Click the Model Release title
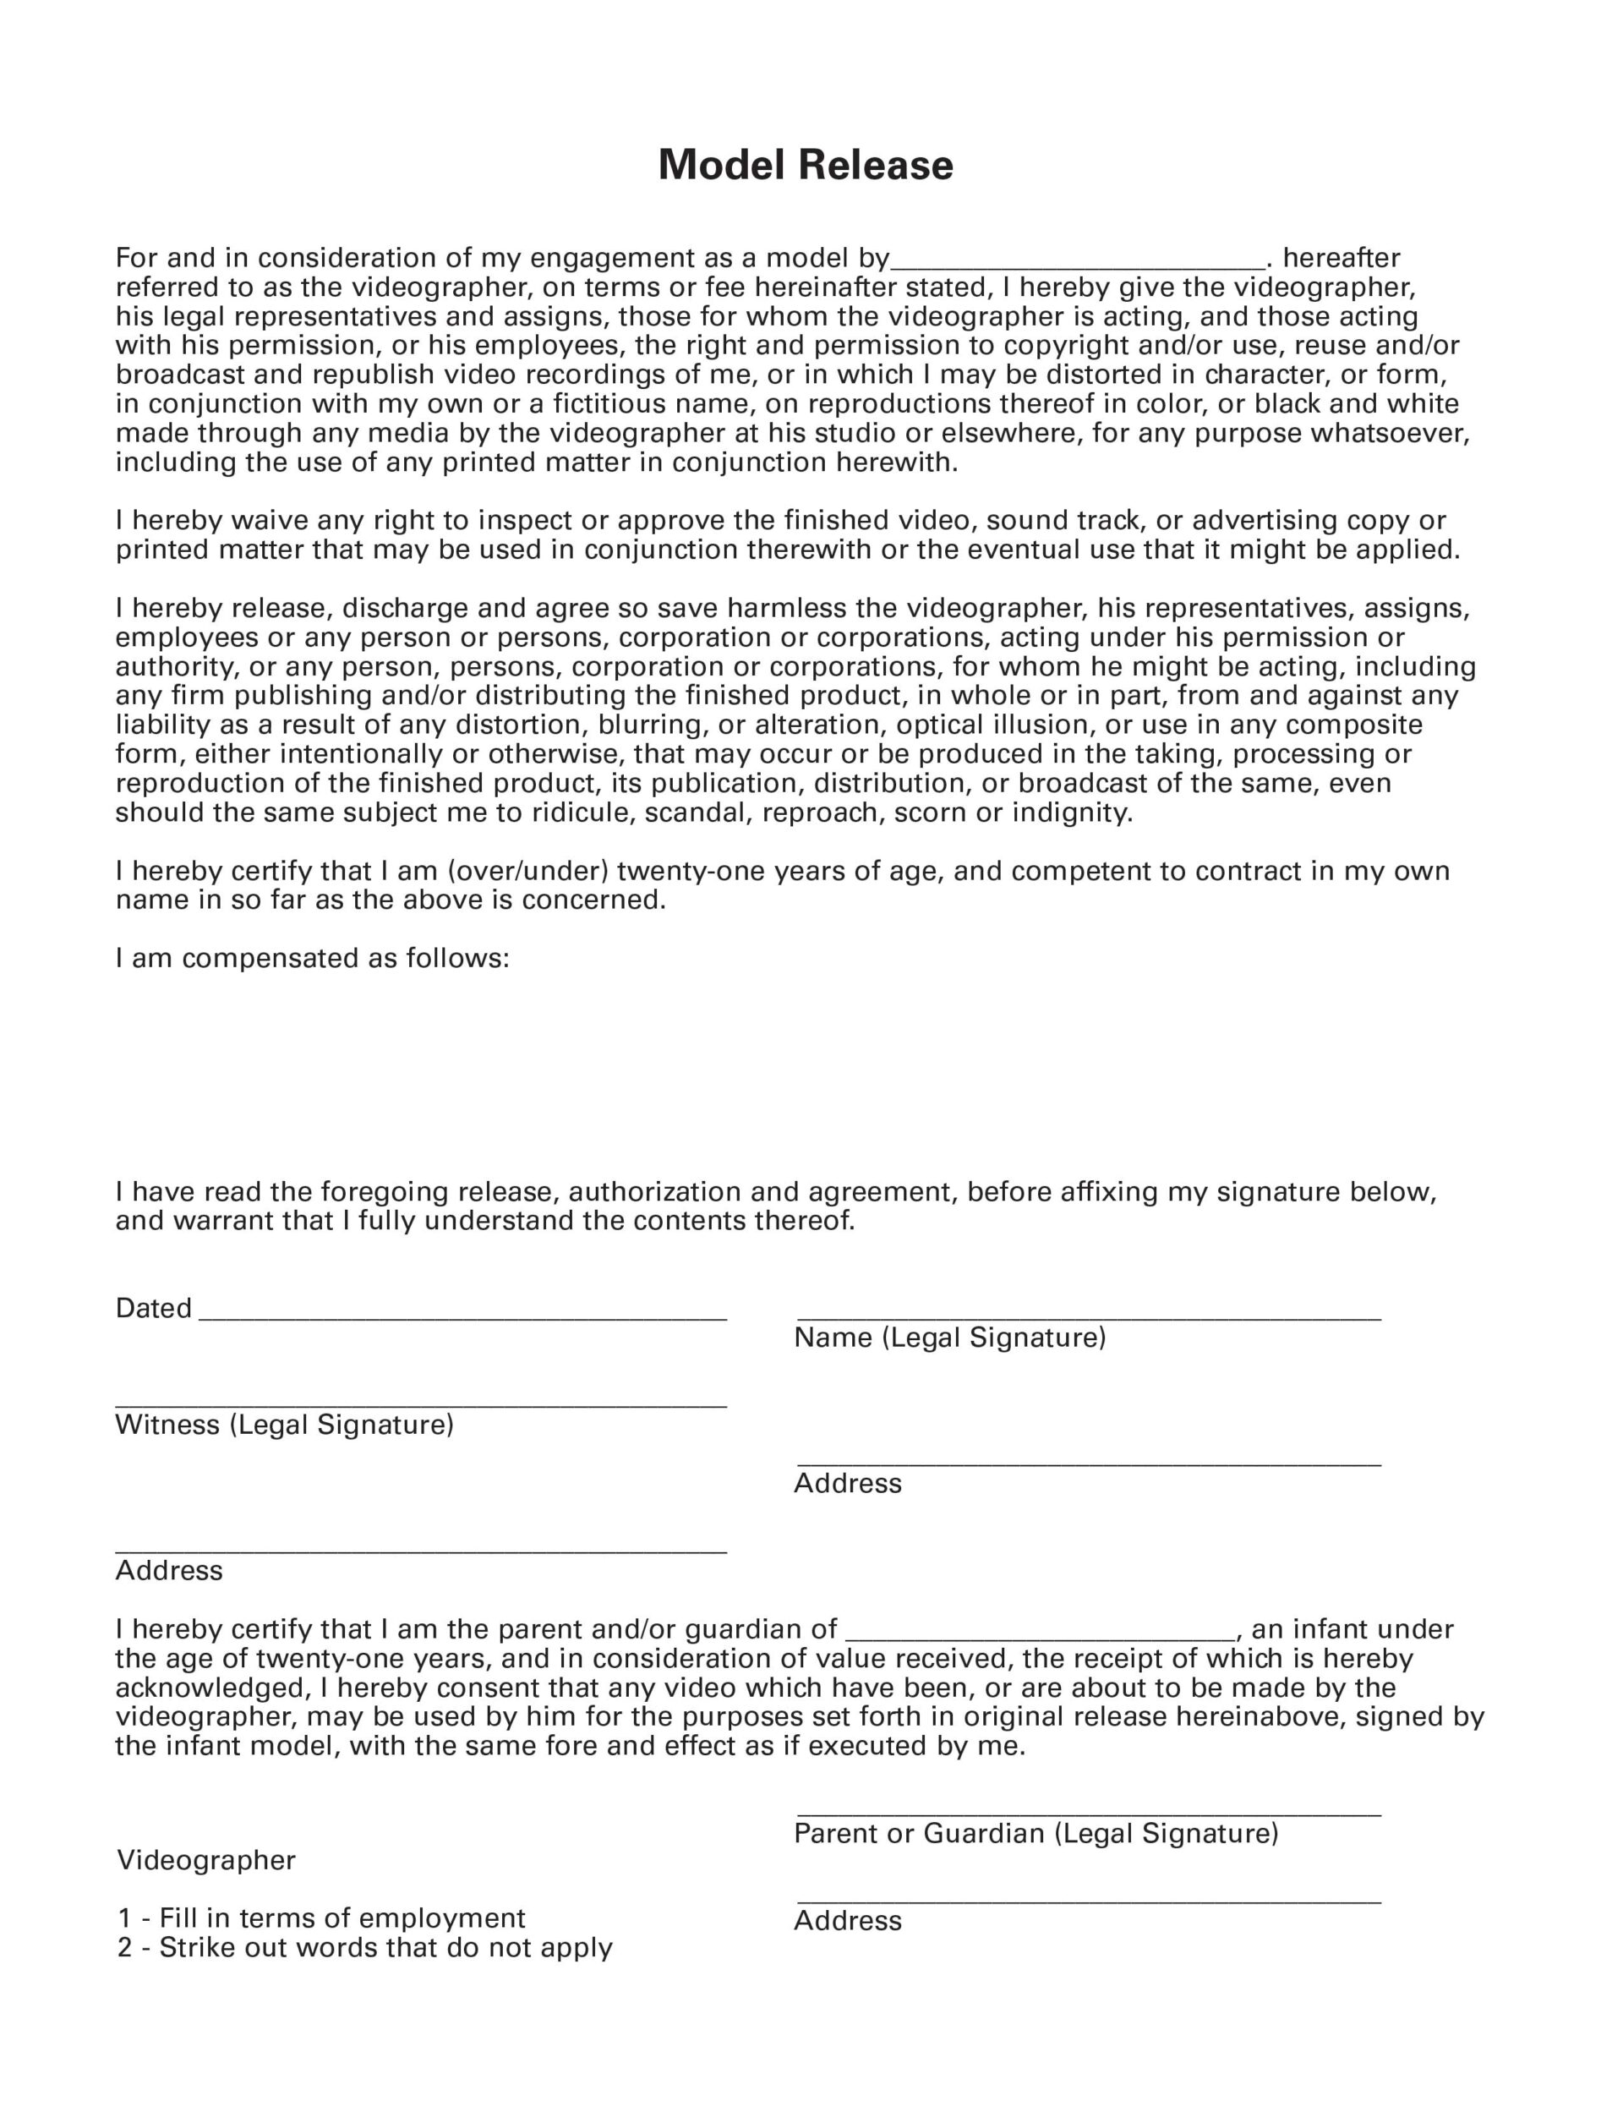[806, 166]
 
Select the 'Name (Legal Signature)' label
[949, 1338]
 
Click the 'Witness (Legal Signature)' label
[284, 1425]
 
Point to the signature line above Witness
[420, 1405]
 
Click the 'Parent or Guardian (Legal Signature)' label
[1036, 1834]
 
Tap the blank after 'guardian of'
[1039, 1634]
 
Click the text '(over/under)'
[527, 872]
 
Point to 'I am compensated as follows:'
[312, 959]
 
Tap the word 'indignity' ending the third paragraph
[1072, 812]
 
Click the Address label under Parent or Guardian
[848, 1921]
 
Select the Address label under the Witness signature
[169, 1571]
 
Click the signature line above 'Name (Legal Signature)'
[1088, 1317]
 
